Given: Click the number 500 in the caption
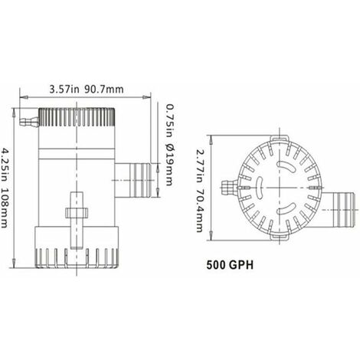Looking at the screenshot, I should (218, 269).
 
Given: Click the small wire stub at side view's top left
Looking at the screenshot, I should (29, 120).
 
